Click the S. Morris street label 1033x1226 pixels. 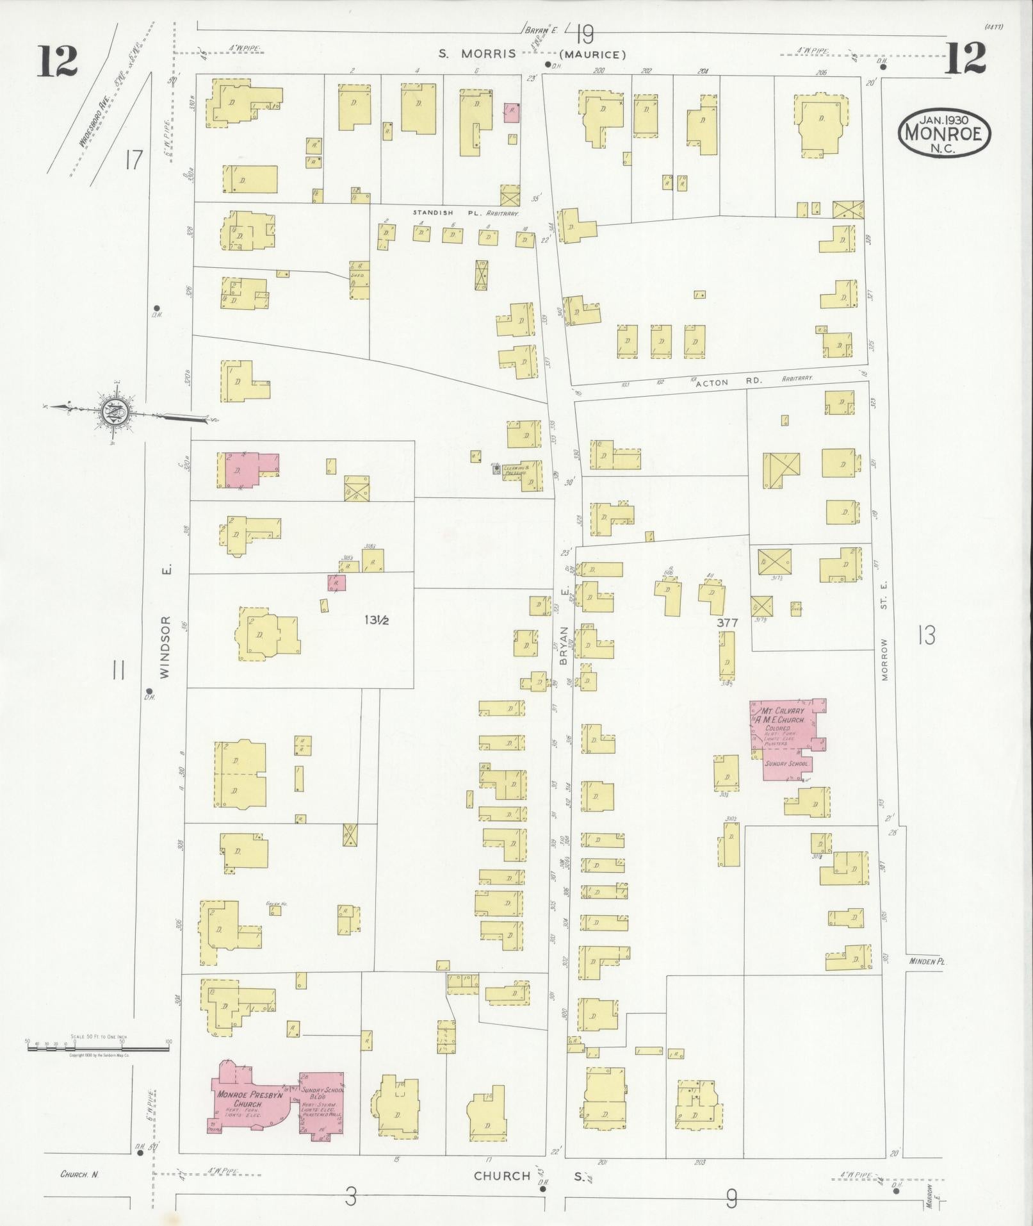pyautogui.click(x=477, y=54)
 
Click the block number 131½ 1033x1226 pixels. pyautogui.click(x=378, y=620)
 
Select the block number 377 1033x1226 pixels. pyautogui.click(x=728, y=622)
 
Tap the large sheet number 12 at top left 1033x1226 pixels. pyautogui.click(x=58, y=62)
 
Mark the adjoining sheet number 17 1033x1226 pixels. pyautogui.click(x=133, y=159)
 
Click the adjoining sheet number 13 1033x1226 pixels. pyautogui.click(x=925, y=634)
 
